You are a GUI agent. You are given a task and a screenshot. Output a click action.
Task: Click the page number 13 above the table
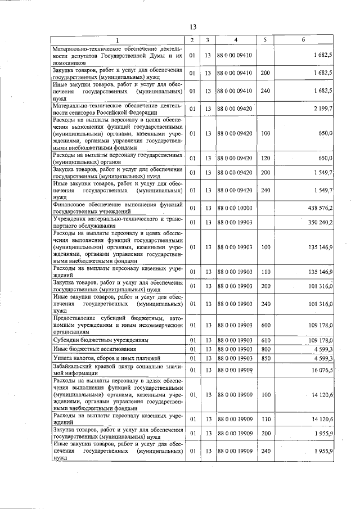coord(192,27)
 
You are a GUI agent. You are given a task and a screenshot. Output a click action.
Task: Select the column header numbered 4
coord(236,40)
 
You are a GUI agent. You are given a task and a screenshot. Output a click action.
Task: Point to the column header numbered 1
coord(118,40)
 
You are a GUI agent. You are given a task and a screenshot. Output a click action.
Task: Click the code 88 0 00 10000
coord(235,208)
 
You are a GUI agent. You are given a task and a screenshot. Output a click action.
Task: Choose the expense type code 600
coord(265,325)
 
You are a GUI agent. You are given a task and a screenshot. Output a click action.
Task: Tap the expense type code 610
coord(265,340)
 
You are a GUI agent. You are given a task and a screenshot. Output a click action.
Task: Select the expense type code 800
coord(265,349)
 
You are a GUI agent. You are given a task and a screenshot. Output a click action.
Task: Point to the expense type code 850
coord(265,358)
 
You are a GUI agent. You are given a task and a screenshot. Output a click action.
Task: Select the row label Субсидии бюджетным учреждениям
coord(101,340)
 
